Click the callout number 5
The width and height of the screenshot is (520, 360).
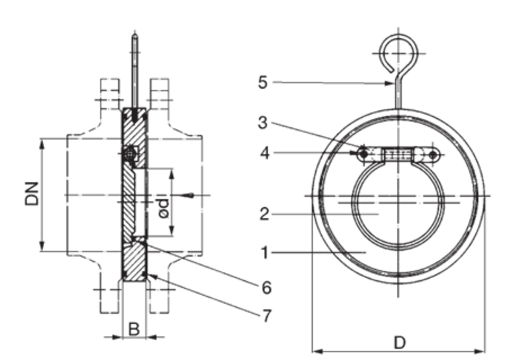[262, 83]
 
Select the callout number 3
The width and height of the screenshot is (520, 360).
[262, 123]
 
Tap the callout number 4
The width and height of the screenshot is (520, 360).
[262, 153]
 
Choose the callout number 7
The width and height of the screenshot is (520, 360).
[266, 316]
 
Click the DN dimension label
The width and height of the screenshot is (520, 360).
[31, 194]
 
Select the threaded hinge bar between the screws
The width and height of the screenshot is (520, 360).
[397, 154]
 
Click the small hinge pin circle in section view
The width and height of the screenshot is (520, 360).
[130, 154]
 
